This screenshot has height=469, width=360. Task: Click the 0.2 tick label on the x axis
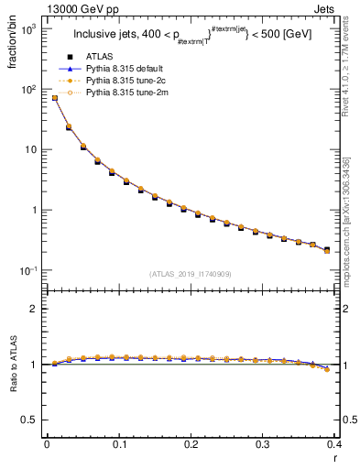pos(191,444)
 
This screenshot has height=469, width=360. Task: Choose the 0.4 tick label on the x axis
pos(334,444)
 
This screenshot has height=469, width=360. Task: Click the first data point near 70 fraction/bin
pos(55,98)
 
